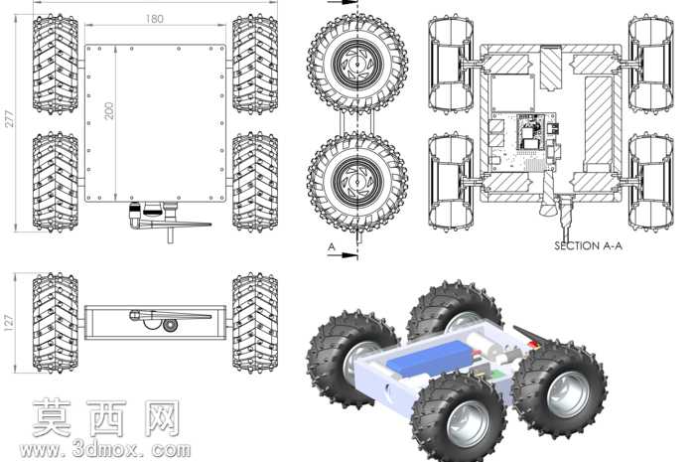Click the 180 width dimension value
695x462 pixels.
pyautogui.click(x=154, y=19)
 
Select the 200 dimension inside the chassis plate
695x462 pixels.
pyautogui.click(x=109, y=110)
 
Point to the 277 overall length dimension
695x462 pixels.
pyautogui.click(x=9, y=119)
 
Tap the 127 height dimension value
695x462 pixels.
pyautogui.click(x=8, y=323)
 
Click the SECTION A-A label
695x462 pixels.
pyautogui.click(x=588, y=245)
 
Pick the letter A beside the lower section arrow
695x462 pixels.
pyautogui.click(x=331, y=246)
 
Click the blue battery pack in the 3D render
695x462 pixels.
pyautogui.click(x=428, y=359)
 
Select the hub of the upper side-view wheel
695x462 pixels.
pyautogui.click(x=356, y=63)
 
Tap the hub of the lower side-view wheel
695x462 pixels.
pyautogui.click(x=356, y=182)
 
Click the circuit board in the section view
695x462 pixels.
pyautogui.click(x=523, y=141)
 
